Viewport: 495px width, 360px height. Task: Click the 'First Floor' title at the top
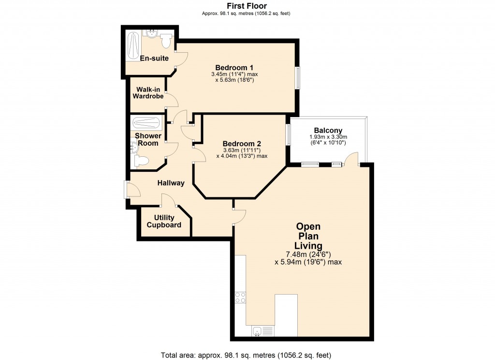pyautogui.click(x=247, y=6)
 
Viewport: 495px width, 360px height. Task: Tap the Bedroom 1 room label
pyautogui.click(x=234, y=67)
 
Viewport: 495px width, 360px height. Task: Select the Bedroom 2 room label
pyautogui.click(x=242, y=144)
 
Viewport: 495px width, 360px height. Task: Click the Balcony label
pyautogui.click(x=328, y=130)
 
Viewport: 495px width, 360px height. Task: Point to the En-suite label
pyautogui.click(x=154, y=59)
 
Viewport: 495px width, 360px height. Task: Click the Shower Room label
pyautogui.click(x=148, y=139)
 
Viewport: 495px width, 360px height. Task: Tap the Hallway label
pyautogui.click(x=171, y=183)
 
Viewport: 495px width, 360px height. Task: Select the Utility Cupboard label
pyautogui.click(x=164, y=221)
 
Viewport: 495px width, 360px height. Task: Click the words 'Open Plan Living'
pyautogui.click(x=309, y=236)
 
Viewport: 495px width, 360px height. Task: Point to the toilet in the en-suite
pyautogui.click(x=166, y=41)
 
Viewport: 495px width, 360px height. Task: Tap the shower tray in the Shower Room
pyautogui.click(x=146, y=123)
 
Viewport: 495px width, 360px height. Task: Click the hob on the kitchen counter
pyautogui.click(x=240, y=297)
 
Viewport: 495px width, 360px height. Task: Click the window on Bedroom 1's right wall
pyautogui.click(x=298, y=77)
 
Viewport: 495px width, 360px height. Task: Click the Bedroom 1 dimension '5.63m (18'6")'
pyautogui.click(x=234, y=80)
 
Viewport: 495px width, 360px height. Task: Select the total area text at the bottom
pyautogui.click(x=247, y=355)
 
